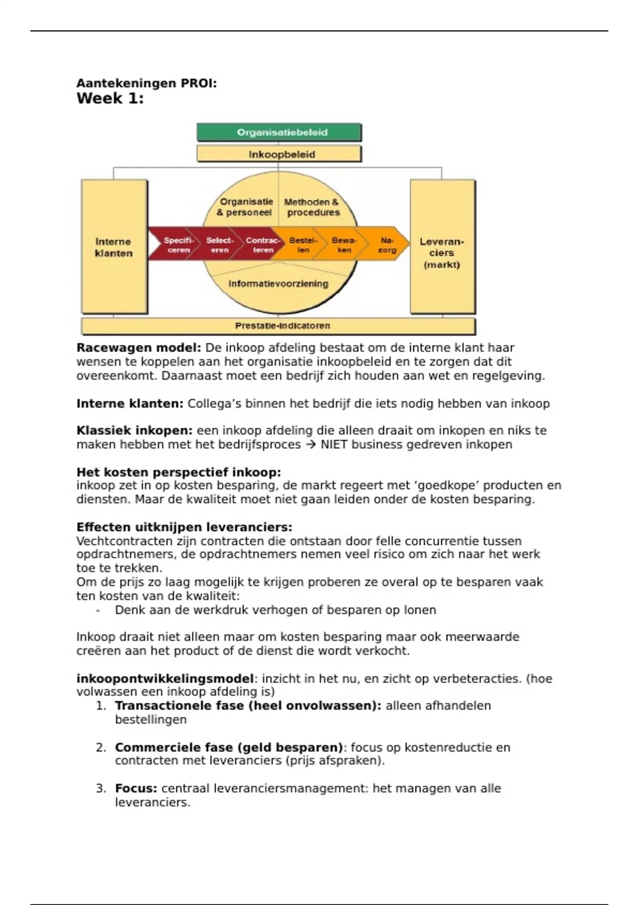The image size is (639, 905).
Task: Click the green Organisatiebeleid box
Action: tap(279, 133)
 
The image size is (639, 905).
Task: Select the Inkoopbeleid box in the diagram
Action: tap(279, 154)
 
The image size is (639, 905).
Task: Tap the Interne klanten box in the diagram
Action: tap(114, 247)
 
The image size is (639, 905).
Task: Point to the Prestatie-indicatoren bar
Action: tap(278, 325)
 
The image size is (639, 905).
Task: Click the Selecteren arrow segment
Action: tap(219, 244)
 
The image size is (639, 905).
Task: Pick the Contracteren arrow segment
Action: tap(262, 244)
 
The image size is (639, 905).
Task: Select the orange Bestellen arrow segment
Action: tap(303, 244)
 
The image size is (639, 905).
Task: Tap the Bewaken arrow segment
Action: tap(344, 244)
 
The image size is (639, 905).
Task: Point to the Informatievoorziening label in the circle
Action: tap(278, 284)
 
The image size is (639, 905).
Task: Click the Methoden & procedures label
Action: tap(312, 207)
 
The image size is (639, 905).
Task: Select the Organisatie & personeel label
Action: tap(245, 207)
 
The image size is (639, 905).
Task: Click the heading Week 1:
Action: tap(110, 98)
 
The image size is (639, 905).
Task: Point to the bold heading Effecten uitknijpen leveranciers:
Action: tap(184, 527)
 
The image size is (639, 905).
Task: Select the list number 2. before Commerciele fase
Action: tap(101, 747)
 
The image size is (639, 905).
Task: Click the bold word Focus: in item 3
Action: tap(136, 788)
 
